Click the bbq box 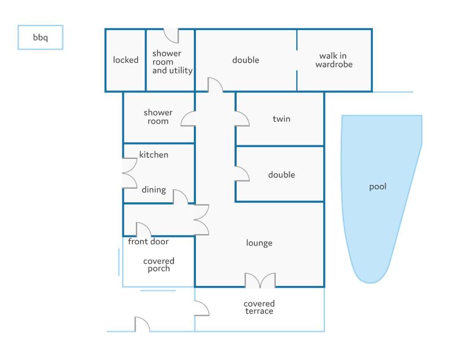tap(40, 37)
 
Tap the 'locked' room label tap(125, 60)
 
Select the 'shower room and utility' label tap(172, 62)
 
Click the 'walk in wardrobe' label tap(334, 60)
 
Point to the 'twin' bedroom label tap(281, 119)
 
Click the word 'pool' tap(377, 186)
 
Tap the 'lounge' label tap(259, 243)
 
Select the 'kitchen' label tap(154, 155)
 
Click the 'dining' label tap(154, 190)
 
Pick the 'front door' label tap(148, 241)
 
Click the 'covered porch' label tap(159, 264)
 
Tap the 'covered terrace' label tap(259, 307)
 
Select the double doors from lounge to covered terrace tap(260, 280)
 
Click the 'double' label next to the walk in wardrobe tap(246, 60)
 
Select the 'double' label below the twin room tap(281, 175)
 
